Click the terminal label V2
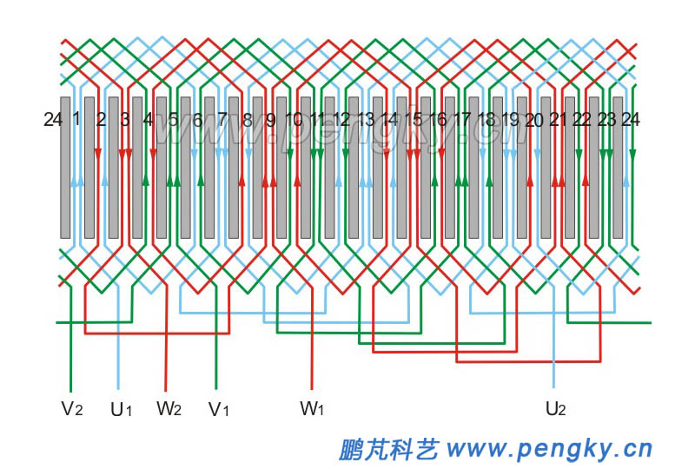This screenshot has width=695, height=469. coord(72,408)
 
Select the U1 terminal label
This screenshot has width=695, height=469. coord(121,408)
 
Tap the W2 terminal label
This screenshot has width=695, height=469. coord(169,407)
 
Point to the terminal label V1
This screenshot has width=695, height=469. coord(218,408)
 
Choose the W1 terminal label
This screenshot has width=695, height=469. coord(312,407)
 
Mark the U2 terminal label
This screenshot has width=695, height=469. coord(555,408)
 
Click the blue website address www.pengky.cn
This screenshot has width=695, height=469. coord(548,449)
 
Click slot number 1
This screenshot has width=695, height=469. coord(76,119)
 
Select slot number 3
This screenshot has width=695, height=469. coord(125,120)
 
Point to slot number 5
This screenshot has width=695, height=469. coord(173,120)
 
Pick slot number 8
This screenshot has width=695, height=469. coord(247,120)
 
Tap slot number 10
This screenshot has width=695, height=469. coord(294,120)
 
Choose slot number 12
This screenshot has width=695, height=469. coord(341,120)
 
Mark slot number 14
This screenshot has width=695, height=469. coord(390,120)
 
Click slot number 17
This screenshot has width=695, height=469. coord(462,120)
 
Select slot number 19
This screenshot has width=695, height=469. coord(511,120)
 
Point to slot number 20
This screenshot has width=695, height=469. coord(534,120)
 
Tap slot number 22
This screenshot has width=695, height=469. coord(582,120)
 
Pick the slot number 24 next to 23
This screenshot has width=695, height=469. coord(631,120)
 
